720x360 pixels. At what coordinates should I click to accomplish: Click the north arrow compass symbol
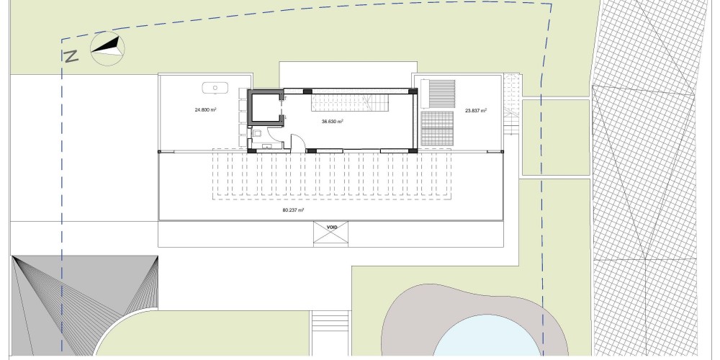pos(107,48)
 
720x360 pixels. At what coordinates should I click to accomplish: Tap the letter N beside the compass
pos(71,56)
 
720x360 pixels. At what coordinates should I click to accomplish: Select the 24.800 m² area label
pos(206,109)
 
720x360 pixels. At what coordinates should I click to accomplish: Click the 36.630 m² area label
pos(333,122)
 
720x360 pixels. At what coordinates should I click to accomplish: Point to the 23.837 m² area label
pos(476,110)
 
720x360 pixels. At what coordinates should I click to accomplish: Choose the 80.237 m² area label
pos(294,210)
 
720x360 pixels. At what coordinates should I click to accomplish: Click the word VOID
pos(332,228)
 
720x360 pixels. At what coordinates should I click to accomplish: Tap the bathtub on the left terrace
pos(215,88)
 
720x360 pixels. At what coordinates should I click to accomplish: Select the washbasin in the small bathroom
pos(267,147)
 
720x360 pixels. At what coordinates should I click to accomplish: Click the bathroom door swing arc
pos(276,133)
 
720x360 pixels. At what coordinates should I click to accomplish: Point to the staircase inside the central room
pos(351,102)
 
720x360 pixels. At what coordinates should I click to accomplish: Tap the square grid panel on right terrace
pos(437,129)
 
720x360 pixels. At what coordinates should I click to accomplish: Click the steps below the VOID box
pos(330,326)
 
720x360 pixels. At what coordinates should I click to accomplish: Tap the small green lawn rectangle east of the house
pos(556,138)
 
